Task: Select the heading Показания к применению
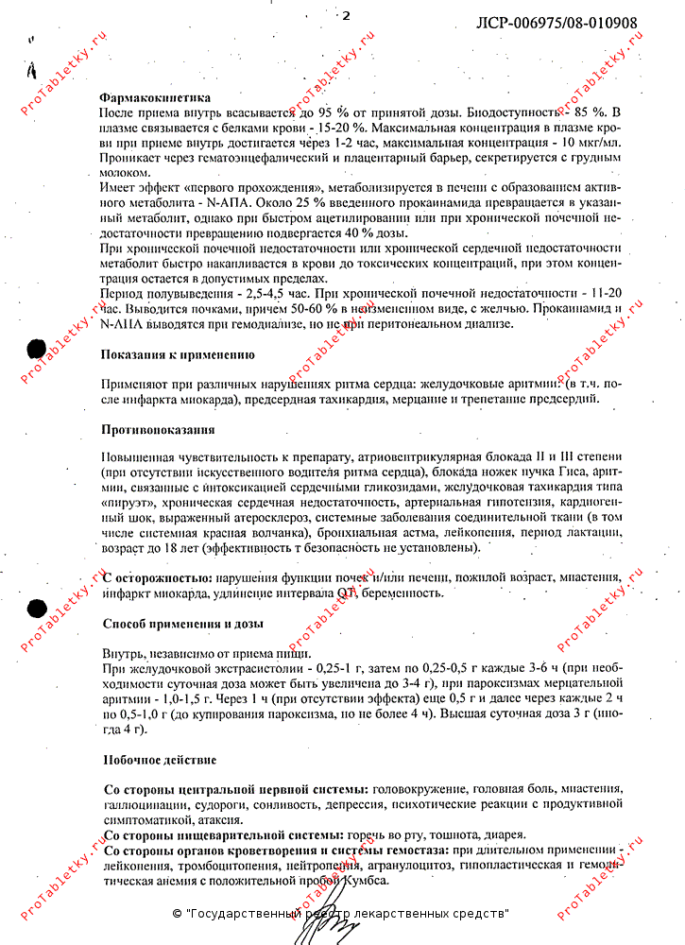pos(178,355)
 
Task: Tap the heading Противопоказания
pos(158,430)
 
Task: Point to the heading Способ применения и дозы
pos(182,625)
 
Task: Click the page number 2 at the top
pos(346,15)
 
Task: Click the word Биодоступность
pos(515,112)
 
